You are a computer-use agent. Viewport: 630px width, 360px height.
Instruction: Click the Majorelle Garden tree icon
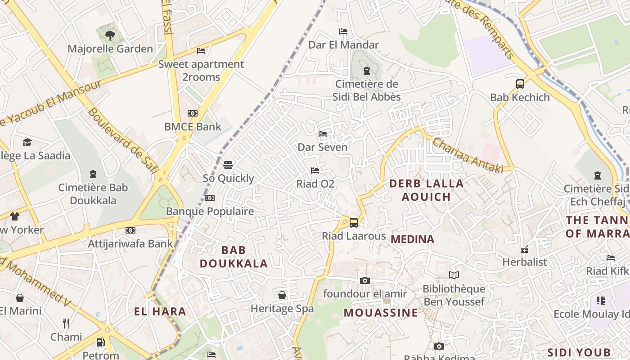[110, 35]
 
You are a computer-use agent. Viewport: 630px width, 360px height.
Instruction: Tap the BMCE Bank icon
[193, 113]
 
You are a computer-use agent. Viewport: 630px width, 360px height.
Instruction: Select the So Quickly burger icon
[228, 165]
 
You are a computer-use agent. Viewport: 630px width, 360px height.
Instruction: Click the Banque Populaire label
[210, 211]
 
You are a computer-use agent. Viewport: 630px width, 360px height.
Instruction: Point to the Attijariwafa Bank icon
[130, 230]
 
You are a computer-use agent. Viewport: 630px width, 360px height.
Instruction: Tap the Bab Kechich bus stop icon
[520, 84]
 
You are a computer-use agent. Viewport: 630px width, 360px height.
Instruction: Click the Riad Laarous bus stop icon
[354, 222]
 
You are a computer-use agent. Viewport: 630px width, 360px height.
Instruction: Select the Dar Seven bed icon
[323, 134]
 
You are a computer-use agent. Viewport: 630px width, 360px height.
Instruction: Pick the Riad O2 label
[315, 184]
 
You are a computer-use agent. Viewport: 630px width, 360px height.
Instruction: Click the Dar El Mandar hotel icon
[343, 31]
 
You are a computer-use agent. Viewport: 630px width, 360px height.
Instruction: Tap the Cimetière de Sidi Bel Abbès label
[367, 90]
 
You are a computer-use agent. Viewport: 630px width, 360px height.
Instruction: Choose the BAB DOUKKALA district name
[234, 256]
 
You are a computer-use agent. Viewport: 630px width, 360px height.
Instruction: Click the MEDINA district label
[413, 239]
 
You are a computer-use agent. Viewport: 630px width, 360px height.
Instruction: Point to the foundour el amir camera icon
[365, 281]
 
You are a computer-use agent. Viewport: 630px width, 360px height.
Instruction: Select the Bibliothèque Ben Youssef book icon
[454, 275]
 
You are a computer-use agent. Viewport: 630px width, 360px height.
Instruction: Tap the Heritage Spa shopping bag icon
[282, 295]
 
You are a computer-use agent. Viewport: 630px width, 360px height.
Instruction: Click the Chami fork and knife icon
[66, 323]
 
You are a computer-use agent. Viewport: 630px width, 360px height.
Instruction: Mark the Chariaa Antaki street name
[468, 156]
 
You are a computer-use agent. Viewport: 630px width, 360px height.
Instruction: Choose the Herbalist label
[525, 262]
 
